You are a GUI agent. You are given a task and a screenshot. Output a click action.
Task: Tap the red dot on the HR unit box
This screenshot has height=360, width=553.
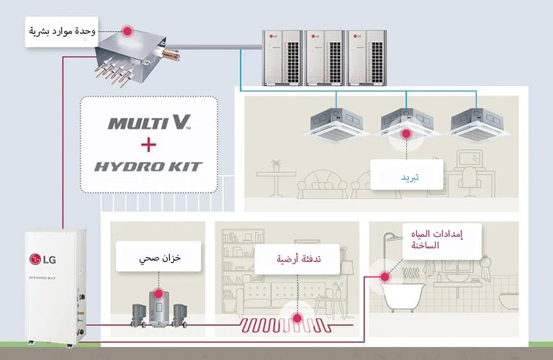(x=127, y=31)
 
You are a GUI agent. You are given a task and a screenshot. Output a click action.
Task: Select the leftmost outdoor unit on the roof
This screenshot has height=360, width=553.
(x=282, y=58)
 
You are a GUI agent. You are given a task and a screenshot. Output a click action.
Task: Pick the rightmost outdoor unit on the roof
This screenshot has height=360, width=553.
(x=368, y=58)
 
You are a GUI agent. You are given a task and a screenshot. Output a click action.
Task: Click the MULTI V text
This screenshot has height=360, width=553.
(x=149, y=123)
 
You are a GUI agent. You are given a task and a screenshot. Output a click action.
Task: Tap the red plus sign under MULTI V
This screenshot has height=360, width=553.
(x=148, y=145)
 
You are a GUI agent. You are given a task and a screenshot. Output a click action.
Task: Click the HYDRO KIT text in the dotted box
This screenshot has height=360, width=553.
(x=148, y=166)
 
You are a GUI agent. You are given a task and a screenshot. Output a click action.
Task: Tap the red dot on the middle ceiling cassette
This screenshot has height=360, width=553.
(x=406, y=133)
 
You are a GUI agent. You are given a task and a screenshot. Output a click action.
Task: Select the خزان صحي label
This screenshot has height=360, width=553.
(x=158, y=256)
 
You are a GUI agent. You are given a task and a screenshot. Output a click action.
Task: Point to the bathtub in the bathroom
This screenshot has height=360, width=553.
(x=403, y=294)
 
